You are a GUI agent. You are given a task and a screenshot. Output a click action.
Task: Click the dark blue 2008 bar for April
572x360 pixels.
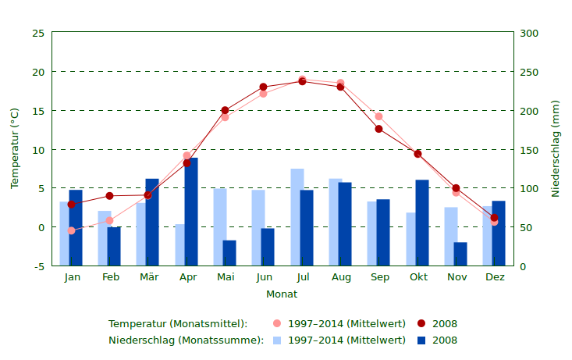(x=191, y=212)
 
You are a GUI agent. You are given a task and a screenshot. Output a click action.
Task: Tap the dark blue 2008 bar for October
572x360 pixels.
(x=422, y=223)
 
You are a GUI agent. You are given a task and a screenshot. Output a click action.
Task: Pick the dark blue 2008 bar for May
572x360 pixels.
(x=229, y=253)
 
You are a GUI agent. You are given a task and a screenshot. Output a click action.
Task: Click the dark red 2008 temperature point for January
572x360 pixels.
(x=72, y=205)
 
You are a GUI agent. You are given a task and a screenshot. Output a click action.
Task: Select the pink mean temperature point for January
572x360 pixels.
(x=72, y=230)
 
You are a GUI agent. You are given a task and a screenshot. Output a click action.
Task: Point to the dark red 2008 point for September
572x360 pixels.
(x=379, y=129)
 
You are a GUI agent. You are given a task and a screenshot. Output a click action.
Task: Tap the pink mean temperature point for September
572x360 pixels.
(x=379, y=116)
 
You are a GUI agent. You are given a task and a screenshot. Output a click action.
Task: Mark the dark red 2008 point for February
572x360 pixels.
(x=110, y=196)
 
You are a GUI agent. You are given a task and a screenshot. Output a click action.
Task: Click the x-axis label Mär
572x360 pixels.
(x=149, y=277)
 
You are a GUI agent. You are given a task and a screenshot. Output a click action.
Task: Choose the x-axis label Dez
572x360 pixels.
(x=495, y=277)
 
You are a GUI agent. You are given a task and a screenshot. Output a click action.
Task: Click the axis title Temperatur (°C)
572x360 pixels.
(x=15, y=148)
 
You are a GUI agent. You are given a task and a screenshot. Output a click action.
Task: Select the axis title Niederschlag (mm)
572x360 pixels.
(x=556, y=148)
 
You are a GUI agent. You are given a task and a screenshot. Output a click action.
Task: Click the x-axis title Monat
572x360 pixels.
(x=282, y=294)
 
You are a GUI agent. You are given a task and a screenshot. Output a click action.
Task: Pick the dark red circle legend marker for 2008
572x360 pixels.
(x=421, y=323)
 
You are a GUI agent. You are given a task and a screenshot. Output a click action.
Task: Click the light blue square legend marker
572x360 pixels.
(x=277, y=340)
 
